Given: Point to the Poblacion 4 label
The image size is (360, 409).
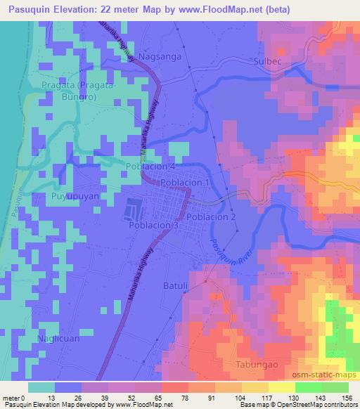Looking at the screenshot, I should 150,167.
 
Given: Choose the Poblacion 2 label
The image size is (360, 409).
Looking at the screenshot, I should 211,217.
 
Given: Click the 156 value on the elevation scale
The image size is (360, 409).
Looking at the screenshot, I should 345,398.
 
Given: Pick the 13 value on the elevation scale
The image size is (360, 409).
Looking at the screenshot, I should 51,398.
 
